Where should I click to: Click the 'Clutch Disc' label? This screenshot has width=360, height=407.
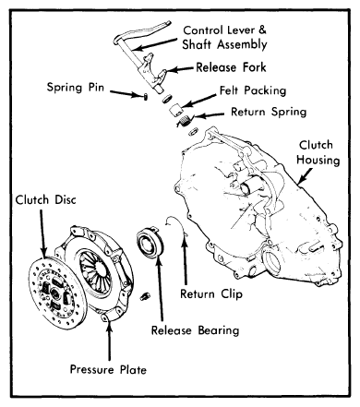pos(45,200)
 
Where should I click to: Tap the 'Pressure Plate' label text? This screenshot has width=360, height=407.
pos(108,369)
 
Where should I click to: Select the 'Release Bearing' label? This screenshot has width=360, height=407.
pos(195,330)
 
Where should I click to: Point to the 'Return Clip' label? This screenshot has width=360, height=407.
pos(211,294)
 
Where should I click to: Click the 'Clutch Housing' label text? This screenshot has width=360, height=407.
pos(318,152)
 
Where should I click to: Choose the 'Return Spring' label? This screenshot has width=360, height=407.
pos(269,112)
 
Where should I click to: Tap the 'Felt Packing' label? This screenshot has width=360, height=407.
pos(253,90)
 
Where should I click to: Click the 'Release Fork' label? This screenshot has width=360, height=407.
pos(231,67)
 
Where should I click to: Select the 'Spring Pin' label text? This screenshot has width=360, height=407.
pos(76,88)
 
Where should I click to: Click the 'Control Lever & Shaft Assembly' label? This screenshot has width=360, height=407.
pos(224,38)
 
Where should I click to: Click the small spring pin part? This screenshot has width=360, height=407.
pos(145,96)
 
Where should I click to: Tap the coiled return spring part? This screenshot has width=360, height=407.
pos(185,120)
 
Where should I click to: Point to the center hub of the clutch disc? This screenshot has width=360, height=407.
pos(54,293)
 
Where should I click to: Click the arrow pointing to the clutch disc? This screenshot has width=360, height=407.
pos(42,233)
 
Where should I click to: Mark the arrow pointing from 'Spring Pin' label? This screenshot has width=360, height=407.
pos(126,93)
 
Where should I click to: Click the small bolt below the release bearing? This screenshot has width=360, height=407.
pos(144,296)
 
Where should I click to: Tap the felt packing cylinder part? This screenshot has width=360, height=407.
pos(176,110)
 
